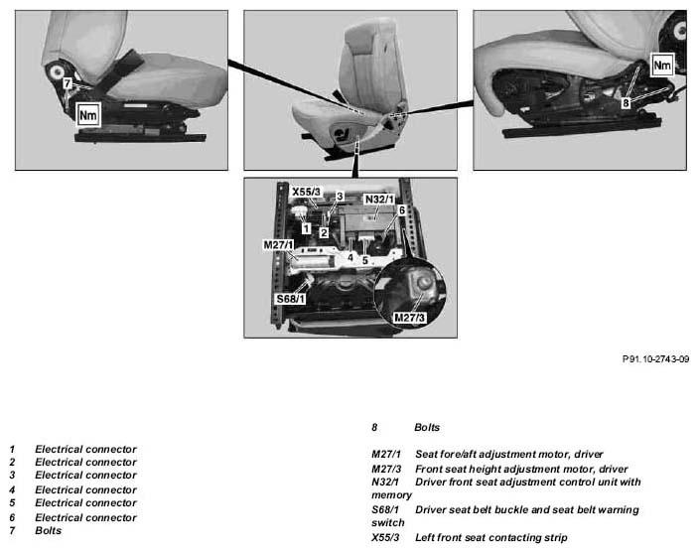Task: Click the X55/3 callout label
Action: tap(306, 192)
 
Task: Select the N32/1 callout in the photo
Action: tap(379, 199)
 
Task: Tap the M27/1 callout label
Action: tap(279, 245)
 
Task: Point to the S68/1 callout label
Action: tap(291, 298)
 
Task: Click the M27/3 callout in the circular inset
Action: tap(409, 318)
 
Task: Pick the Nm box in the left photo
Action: tap(87, 116)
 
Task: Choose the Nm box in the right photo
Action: tap(662, 65)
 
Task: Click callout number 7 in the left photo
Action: tap(68, 83)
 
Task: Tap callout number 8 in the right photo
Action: tap(626, 103)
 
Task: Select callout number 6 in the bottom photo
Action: tap(401, 210)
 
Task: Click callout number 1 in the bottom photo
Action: tap(306, 228)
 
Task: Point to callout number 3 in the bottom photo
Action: tap(340, 196)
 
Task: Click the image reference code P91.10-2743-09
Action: tap(655, 358)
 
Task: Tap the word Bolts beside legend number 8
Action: tap(427, 428)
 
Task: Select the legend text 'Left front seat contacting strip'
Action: tap(491, 537)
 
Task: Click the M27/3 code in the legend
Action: tap(386, 469)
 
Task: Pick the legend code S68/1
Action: tap(385, 509)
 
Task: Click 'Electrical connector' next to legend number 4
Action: tap(86, 489)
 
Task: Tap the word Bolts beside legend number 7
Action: tap(49, 530)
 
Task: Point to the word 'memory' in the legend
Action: tap(392, 495)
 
